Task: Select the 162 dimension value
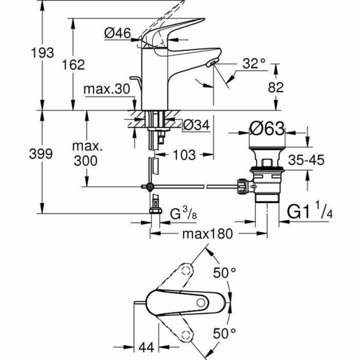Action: (x=73, y=64)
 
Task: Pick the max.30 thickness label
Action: (x=106, y=89)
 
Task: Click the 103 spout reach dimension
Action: (x=184, y=155)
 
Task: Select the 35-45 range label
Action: (x=306, y=160)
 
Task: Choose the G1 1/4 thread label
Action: (x=307, y=212)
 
